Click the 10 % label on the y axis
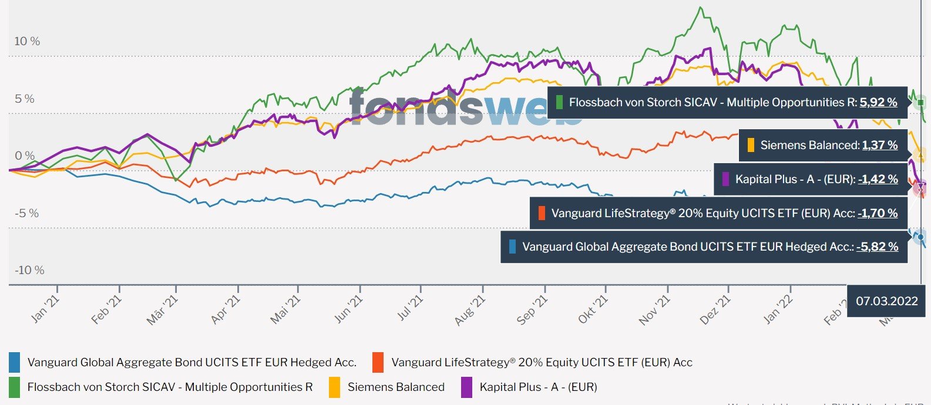27,41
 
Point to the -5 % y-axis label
27,213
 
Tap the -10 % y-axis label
29,270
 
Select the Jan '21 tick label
45,309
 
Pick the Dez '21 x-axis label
715,310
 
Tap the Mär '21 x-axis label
162,310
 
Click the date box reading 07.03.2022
886,301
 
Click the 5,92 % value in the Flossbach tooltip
878,102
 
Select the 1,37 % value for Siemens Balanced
879,145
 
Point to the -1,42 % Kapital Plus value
878,179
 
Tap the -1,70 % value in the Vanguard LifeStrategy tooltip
878,213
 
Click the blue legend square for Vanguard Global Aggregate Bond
15,362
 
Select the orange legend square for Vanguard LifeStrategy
378,362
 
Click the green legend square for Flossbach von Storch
15,387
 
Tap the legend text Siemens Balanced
396,387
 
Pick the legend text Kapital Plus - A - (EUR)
538,387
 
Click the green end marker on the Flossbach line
920,103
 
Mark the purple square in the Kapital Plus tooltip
725,179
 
